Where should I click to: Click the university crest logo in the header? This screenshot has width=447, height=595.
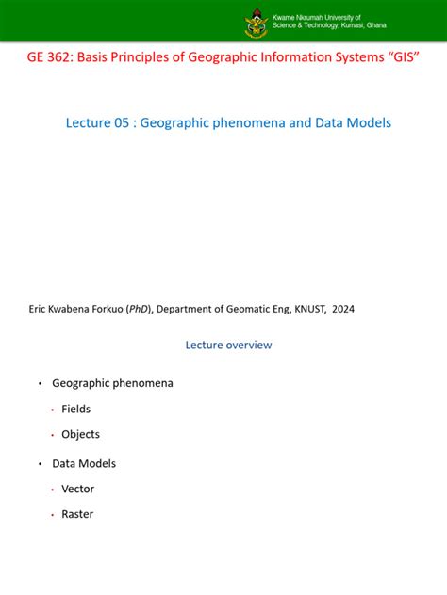[x=255, y=22]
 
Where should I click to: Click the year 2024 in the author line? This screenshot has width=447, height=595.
[x=342, y=308]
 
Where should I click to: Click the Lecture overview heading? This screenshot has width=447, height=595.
[x=228, y=345]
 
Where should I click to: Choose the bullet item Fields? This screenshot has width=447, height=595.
[x=76, y=410]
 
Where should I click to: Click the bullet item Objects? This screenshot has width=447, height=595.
[x=80, y=435]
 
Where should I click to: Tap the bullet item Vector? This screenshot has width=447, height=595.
[x=78, y=490]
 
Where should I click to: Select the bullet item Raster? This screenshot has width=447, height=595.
[x=77, y=515]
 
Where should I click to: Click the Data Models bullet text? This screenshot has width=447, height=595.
[x=84, y=464]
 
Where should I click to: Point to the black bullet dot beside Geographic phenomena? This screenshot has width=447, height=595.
[x=41, y=384]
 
